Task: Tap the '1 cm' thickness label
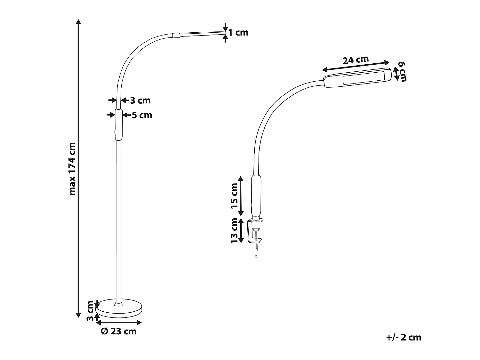(238, 33)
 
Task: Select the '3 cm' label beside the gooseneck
(140, 100)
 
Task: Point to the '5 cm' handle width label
(142, 115)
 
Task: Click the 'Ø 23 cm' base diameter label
(119, 331)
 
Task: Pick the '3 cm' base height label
(90, 311)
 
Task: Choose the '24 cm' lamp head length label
(356, 60)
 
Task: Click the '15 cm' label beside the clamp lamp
(235, 196)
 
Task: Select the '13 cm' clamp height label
(235, 230)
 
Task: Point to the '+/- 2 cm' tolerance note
(404, 337)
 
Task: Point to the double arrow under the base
(119, 322)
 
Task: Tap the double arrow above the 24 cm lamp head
(356, 66)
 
